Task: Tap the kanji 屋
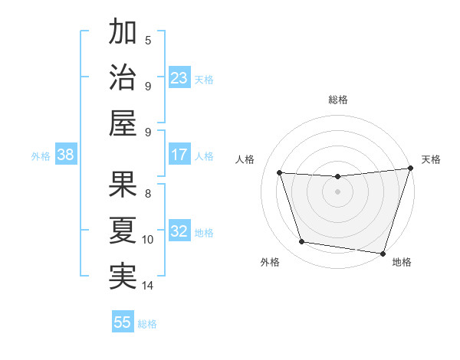coord(123,122)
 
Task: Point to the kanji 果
coord(123,183)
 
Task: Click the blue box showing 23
coord(179,78)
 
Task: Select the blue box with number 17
coord(179,155)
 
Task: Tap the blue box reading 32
coord(179,231)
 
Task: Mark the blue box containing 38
coord(66,155)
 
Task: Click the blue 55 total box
coord(123,322)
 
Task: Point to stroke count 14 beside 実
coord(148,286)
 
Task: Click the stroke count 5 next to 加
coord(148,41)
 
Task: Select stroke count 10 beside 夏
coord(148,240)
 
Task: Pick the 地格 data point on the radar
coord(383,253)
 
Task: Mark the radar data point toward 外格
coord(301,242)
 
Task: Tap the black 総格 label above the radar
coord(338,100)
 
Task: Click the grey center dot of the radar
coord(338,192)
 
